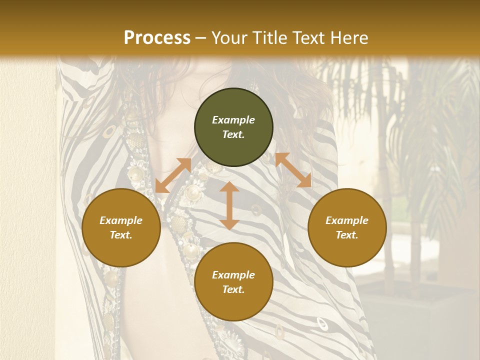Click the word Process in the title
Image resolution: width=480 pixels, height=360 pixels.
click(157, 38)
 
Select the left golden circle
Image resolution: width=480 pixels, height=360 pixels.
click(121, 227)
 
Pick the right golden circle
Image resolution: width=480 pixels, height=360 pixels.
click(347, 227)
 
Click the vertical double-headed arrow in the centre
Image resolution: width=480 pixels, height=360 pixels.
click(229, 205)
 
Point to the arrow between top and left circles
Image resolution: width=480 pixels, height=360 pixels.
click(173, 175)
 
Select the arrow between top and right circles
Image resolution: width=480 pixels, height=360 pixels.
click(293, 170)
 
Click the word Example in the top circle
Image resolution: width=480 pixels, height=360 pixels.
click(233, 120)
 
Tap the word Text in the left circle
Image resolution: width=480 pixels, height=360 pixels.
click(121, 235)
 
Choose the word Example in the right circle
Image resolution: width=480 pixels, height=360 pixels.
click(347, 220)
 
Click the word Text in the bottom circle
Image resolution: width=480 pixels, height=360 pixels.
click(233, 289)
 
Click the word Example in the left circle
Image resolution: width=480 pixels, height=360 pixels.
click(121, 220)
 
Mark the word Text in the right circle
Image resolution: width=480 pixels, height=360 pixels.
click(347, 235)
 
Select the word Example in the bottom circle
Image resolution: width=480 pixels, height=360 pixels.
click(233, 275)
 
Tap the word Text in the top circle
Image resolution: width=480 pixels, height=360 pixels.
click(233, 134)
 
